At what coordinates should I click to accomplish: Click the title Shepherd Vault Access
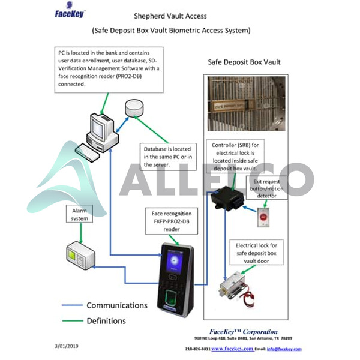(171, 16)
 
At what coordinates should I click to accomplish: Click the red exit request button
(264, 216)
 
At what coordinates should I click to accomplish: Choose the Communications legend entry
(116, 305)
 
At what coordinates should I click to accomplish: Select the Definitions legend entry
(106, 320)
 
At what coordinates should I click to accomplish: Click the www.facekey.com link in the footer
(232, 349)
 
